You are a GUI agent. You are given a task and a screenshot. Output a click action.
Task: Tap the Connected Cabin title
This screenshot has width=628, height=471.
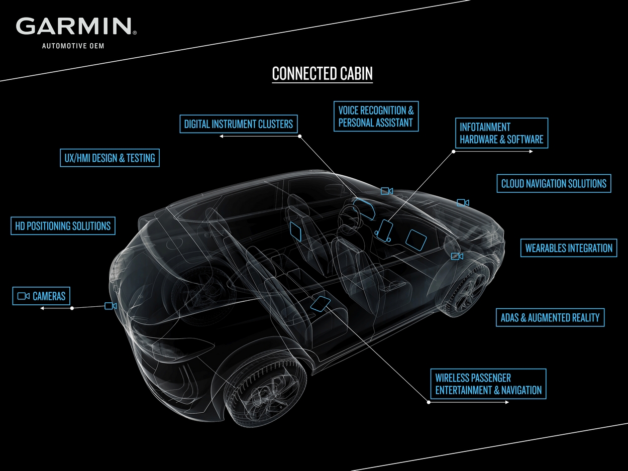[322, 73]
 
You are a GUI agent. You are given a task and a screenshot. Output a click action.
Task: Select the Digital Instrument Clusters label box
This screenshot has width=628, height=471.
[238, 124]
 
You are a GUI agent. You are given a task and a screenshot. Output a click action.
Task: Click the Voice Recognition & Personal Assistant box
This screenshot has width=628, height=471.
[376, 116]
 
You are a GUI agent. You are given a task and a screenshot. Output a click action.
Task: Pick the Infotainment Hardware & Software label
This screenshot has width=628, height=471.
[501, 133]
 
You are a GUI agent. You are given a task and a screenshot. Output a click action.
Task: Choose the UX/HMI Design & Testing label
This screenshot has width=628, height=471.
[110, 158]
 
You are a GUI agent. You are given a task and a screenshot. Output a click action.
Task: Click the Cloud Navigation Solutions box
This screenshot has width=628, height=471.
[554, 183]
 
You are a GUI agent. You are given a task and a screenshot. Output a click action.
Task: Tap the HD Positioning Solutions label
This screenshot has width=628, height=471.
[63, 226]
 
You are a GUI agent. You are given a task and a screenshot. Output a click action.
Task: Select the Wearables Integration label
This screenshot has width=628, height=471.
[569, 248]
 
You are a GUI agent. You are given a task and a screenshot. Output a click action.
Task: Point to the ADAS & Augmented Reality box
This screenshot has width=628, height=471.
[550, 317]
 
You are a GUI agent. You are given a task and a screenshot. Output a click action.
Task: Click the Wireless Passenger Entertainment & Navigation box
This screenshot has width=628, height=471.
[488, 384]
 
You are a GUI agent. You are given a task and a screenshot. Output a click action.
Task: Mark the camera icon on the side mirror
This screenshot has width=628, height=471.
[457, 256]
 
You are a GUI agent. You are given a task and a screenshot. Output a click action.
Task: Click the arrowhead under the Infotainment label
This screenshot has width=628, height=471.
[531, 151]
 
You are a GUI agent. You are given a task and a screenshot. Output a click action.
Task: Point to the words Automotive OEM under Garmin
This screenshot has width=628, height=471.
[73, 46]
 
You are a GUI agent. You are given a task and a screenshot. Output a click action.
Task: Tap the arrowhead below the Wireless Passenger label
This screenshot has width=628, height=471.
[506, 402]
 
